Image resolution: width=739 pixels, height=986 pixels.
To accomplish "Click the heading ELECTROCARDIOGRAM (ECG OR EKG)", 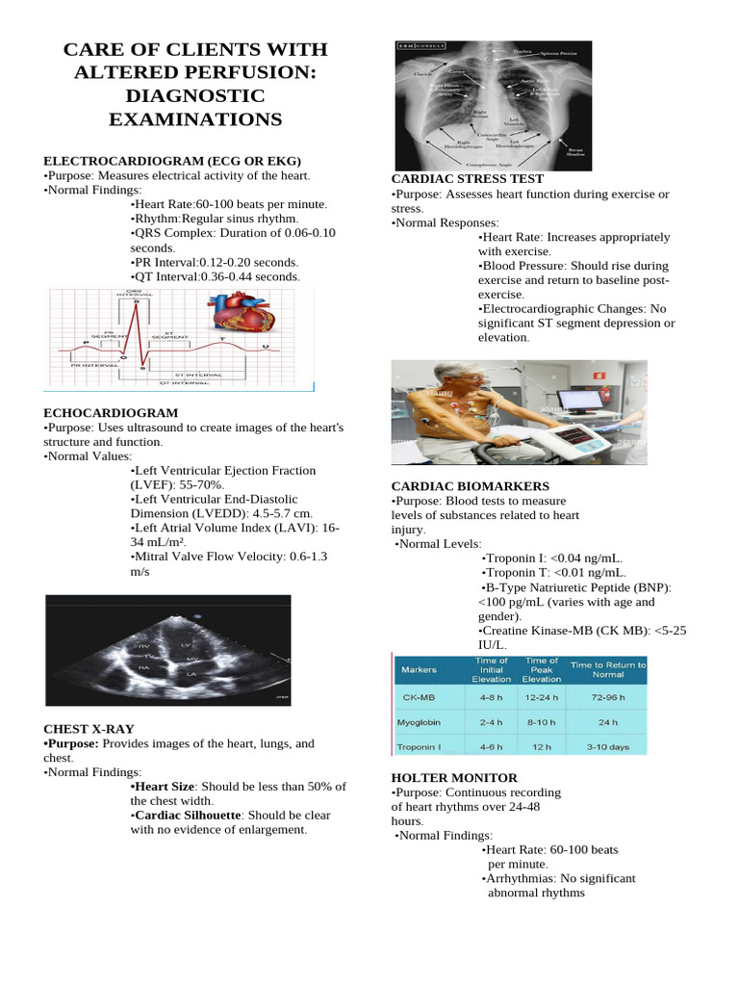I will pos(172,161).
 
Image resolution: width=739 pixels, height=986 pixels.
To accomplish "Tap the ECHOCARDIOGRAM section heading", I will pos(111,412).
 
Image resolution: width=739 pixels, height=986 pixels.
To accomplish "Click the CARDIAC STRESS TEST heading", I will pos(467,179).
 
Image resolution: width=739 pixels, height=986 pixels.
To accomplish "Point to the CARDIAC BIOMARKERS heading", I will pos(471,486).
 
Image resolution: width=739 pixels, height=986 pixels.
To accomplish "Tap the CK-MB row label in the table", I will pos(420,697).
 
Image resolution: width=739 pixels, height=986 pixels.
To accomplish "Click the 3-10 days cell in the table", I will pos(608,746).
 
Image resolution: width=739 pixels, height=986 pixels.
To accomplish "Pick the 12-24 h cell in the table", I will pos(542,697).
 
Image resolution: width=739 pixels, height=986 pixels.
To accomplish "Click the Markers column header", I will pos(419,669).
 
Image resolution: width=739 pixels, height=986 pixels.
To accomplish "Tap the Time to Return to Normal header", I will pos(608,670).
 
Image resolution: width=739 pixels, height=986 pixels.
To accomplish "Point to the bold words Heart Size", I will pos(163,787).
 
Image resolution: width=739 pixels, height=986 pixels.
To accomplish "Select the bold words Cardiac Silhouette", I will pos(185,815).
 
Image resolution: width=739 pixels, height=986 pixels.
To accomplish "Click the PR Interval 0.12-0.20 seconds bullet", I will pos(216,262).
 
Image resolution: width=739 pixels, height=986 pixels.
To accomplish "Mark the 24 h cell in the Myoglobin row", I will pos(608,721).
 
